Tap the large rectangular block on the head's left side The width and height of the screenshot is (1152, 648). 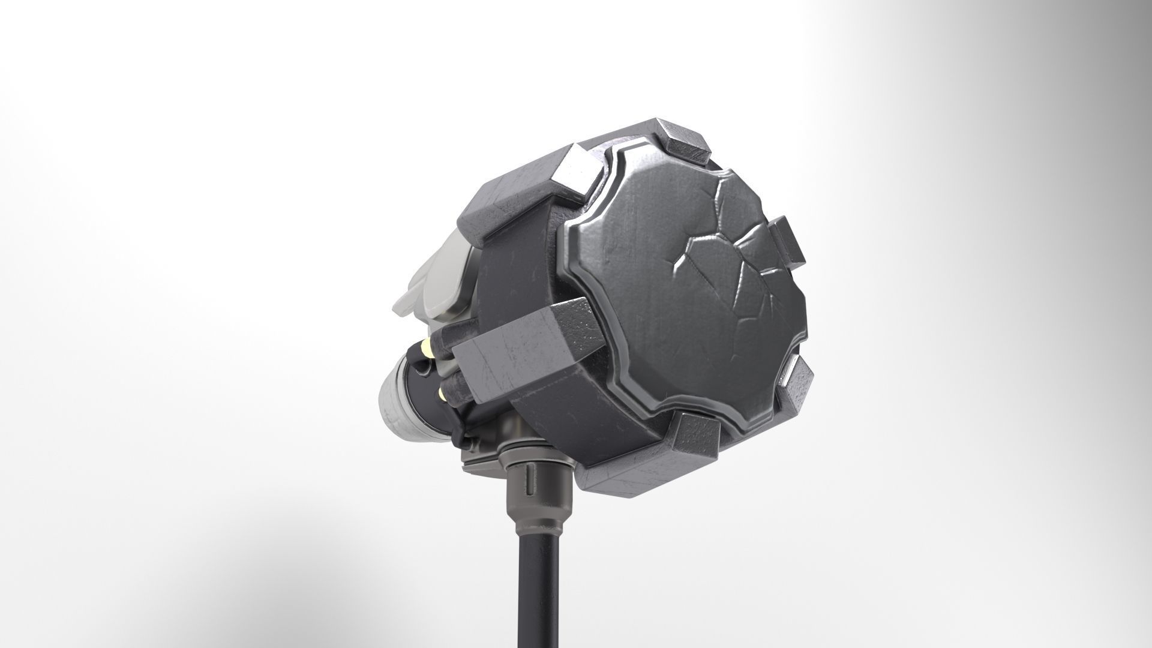point(528,354)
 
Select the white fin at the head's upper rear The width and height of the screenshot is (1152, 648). point(432,282)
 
